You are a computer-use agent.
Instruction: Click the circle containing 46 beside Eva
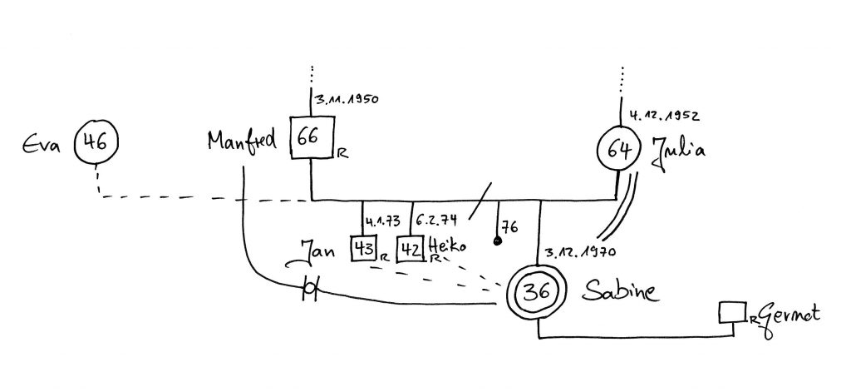tap(97, 141)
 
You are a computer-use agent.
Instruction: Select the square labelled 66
tap(311, 138)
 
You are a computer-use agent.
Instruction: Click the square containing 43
tap(363, 249)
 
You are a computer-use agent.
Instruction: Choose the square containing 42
tap(410, 249)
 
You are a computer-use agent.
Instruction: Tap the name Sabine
tap(622, 292)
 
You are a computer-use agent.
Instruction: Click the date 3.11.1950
tap(347, 99)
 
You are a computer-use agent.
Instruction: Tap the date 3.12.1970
tap(578, 252)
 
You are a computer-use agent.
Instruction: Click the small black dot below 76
tap(497, 242)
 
